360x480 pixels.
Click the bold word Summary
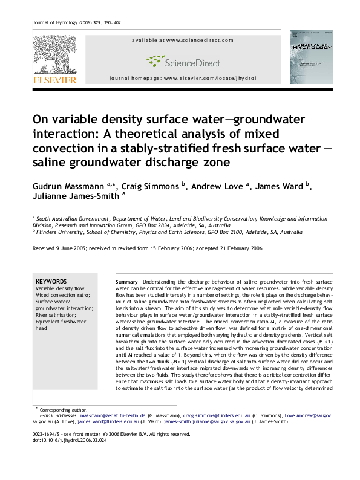(126, 282)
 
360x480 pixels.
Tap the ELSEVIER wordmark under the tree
(54, 80)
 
